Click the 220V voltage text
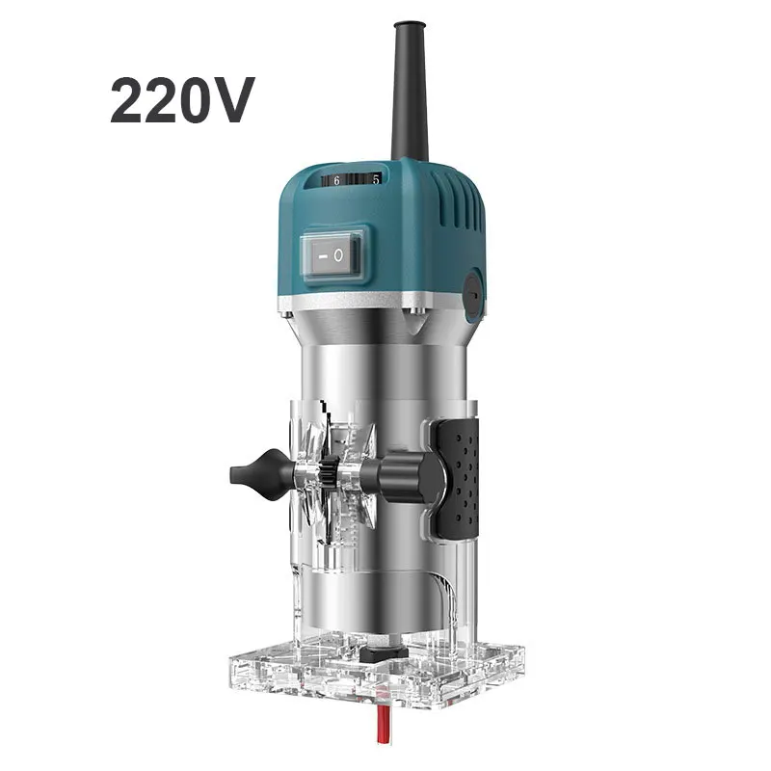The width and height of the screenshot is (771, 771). tap(182, 101)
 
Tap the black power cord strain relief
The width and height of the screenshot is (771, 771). tap(409, 90)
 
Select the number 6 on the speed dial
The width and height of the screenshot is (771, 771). tap(336, 181)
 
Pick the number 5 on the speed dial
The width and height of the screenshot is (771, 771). tap(376, 180)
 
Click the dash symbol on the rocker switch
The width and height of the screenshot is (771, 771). tap(321, 256)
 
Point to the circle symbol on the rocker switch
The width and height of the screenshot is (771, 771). tap(338, 255)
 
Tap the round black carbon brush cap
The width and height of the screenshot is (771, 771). tap(474, 293)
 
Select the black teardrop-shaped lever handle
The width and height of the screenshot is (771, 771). tap(259, 474)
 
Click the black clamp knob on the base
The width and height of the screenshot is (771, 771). tap(402, 478)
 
